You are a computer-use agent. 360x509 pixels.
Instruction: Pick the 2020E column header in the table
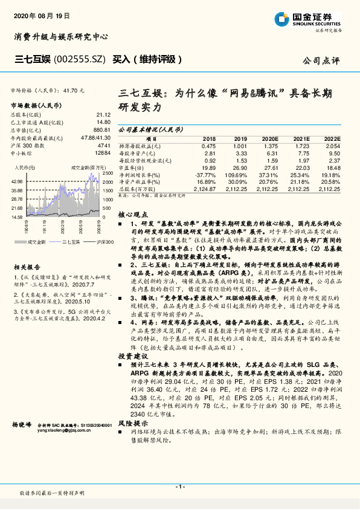pos(268,138)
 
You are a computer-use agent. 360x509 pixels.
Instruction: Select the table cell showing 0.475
pos(208,146)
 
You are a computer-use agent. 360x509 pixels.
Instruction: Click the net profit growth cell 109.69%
pos(236,174)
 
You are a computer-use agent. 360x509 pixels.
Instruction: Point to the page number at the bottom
pos(179,487)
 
